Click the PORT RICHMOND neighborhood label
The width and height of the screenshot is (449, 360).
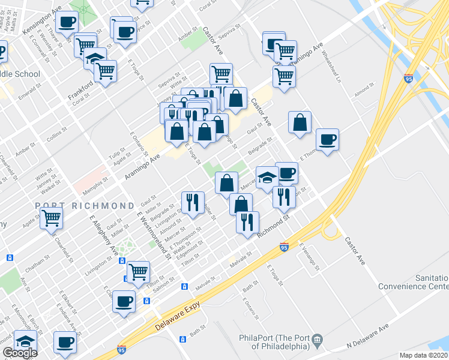85,205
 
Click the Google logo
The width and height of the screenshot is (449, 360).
20,353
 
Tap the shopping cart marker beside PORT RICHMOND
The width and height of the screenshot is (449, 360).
51,218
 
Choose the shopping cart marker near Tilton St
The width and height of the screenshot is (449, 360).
139,271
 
